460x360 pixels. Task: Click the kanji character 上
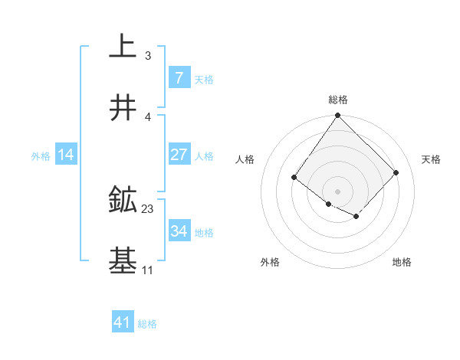123,47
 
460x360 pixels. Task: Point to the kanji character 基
123,261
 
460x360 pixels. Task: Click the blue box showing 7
179,78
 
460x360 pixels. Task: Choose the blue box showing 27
179,155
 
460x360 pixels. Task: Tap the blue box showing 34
179,231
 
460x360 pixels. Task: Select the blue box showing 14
66,155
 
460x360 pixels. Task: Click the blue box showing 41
123,322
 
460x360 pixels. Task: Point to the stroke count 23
148,208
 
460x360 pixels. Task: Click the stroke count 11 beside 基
147,270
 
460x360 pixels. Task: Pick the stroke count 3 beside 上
148,55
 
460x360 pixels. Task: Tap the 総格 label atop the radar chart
338,100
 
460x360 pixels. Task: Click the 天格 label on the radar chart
431,159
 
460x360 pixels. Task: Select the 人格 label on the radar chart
245,159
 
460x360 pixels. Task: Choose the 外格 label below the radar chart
270,262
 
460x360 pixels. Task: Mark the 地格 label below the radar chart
402,262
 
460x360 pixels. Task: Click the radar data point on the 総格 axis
338,116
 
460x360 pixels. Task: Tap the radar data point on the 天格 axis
396,172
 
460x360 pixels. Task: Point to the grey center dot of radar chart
338,191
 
